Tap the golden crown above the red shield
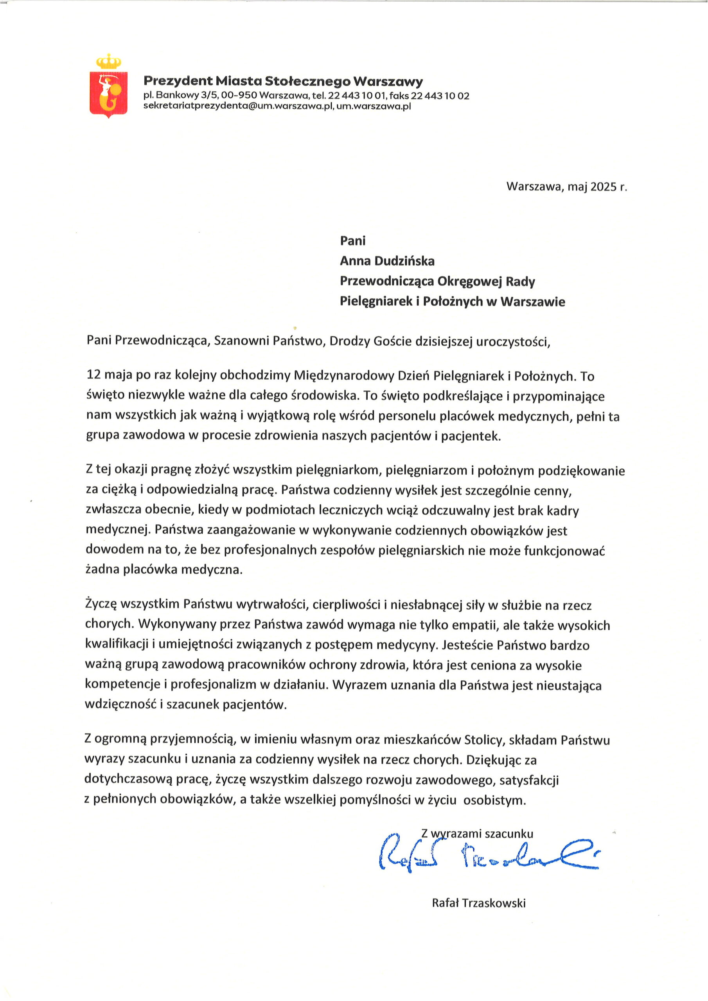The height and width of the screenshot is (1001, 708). click(x=109, y=61)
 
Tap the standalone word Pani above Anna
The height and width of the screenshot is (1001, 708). click(x=353, y=240)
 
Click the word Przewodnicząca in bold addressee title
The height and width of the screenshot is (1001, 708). click(x=386, y=282)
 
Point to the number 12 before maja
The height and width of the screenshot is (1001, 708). click(x=94, y=375)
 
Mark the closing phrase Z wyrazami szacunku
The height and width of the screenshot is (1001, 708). click(x=477, y=834)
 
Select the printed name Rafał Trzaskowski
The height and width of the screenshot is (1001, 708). click(x=478, y=903)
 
